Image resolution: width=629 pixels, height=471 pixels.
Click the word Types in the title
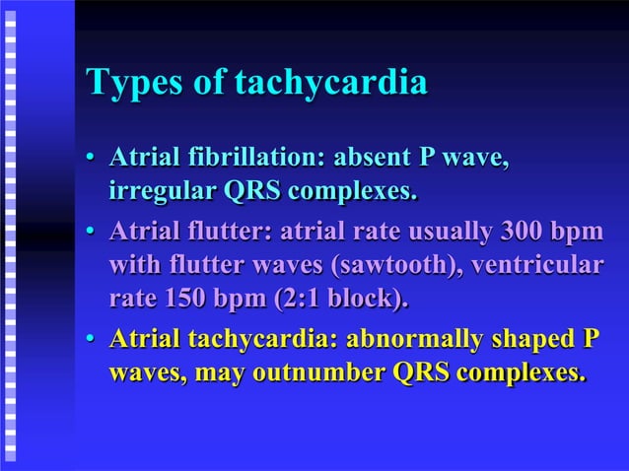coord(132,84)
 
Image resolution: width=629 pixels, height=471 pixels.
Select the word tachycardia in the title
coord(330,84)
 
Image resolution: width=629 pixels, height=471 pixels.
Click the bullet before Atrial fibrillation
coord(91,159)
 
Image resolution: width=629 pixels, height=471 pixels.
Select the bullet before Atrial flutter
coord(91,235)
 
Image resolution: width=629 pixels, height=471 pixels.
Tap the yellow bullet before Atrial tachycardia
coord(91,342)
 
